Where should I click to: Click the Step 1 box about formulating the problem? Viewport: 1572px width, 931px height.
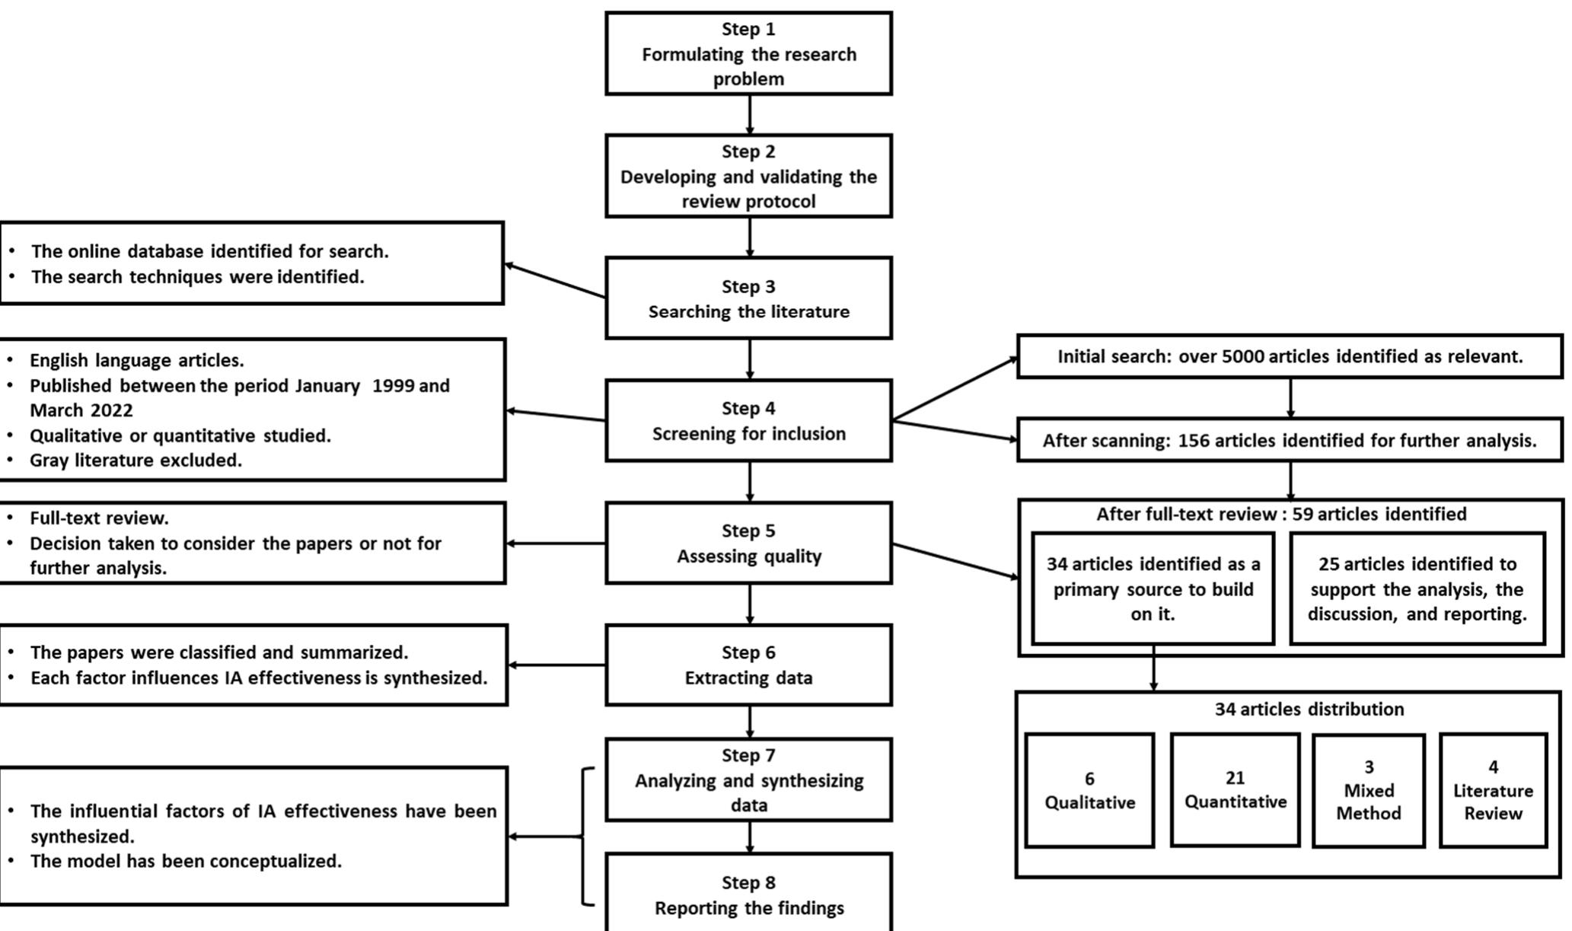748,53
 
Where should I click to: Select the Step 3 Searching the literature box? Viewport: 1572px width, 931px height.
748,298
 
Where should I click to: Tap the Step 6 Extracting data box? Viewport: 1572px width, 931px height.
748,665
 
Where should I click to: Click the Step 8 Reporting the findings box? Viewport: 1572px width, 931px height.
748,894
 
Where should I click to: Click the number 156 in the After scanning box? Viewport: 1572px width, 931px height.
1194,440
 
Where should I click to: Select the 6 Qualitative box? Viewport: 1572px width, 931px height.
1089,790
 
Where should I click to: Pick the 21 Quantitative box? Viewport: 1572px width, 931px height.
1235,789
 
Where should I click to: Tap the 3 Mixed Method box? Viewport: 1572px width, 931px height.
1368,790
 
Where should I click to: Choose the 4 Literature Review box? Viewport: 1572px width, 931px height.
1493,790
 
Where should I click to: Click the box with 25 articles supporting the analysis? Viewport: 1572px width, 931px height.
1417,588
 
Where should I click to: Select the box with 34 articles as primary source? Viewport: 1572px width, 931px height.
1153,588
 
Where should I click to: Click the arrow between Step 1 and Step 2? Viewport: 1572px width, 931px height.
749,115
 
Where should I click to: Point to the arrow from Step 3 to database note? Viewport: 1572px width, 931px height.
555,281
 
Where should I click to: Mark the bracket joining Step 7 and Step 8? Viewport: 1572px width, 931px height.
585,837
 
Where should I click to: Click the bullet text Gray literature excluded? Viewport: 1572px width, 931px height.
136,461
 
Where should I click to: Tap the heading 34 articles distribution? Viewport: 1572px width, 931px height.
1309,709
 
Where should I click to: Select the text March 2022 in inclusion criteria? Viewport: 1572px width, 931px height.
81,410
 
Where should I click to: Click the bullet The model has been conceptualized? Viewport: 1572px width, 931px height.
186,861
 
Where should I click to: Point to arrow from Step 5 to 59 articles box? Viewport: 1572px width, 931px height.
955,561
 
